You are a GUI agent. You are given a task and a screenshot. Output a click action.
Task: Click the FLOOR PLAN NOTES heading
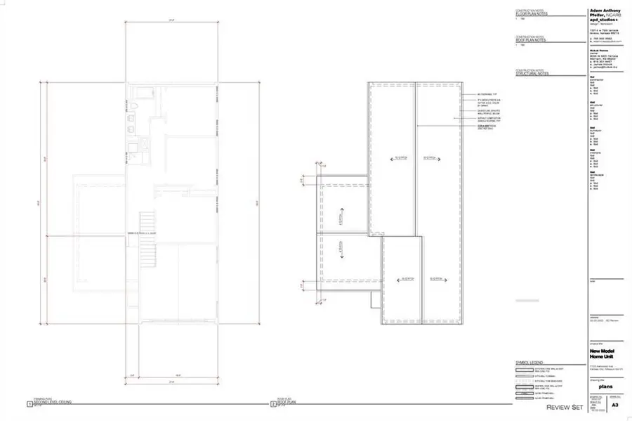click(532, 13)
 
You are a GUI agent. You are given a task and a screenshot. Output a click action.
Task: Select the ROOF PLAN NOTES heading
click(532, 39)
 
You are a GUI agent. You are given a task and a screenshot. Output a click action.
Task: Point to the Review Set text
click(565, 407)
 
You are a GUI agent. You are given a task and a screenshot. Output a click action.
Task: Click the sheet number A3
click(615, 406)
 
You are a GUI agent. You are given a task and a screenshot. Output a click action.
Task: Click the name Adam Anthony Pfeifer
click(605, 13)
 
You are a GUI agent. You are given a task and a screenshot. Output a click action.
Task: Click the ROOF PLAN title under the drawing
click(289, 403)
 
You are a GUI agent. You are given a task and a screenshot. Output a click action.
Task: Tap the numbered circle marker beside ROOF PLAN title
click(273, 405)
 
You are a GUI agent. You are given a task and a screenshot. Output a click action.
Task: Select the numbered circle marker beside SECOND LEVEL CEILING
click(29, 405)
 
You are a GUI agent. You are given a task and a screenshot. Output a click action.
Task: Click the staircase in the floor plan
click(147, 235)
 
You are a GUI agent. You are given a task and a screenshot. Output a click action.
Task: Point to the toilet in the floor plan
click(133, 108)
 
